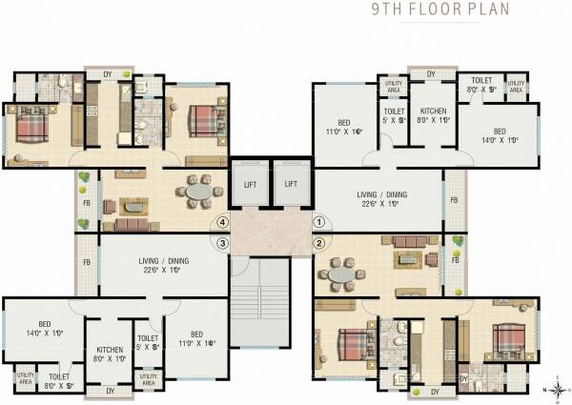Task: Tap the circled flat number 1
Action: (320, 222)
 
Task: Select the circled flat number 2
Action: (320, 242)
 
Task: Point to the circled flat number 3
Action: (222, 242)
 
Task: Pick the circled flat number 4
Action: (222, 222)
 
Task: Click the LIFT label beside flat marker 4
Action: (250, 183)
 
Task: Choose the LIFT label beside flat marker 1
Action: (292, 183)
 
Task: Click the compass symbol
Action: (555, 389)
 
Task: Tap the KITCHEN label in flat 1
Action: (434, 115)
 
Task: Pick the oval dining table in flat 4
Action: (199, 192)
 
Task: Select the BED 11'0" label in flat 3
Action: (196, 338)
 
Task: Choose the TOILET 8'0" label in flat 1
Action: (479, 85)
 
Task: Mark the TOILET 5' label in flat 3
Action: (147, 344)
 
